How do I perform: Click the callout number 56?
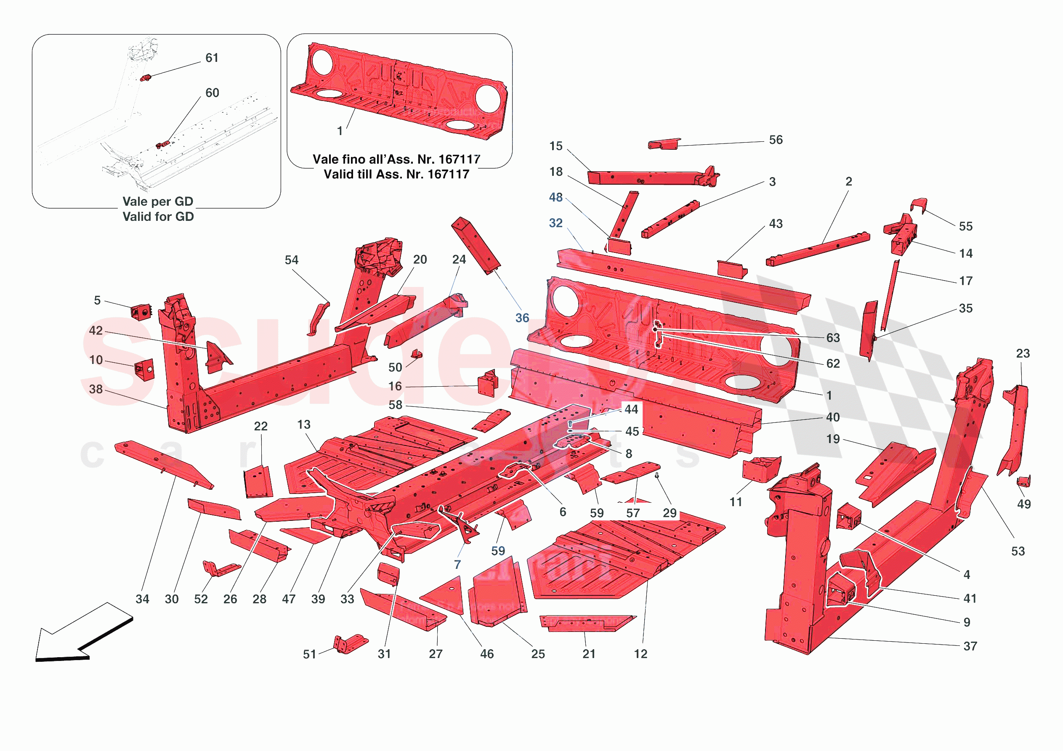pos(776,140)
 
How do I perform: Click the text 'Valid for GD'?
pos(158,217)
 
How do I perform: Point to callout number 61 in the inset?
pos(212,58)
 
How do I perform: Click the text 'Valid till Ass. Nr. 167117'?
pos(396,175)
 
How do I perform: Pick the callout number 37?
pos(970,646)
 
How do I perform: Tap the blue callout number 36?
pos(522,318)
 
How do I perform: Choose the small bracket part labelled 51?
pos(350,644)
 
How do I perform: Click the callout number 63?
pos(833,338)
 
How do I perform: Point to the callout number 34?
pos(142,599)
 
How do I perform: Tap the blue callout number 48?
pos(555,198)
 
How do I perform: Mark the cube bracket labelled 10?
pos(144,370)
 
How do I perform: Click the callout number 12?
pos(640,654)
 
